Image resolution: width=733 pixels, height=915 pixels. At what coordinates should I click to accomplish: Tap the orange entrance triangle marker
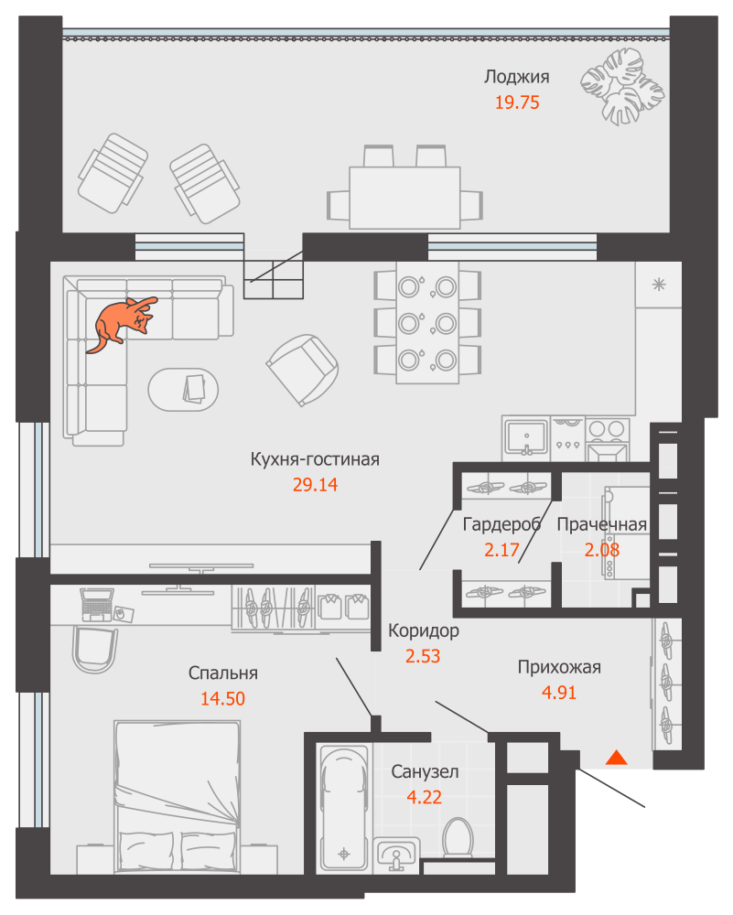(616, 758)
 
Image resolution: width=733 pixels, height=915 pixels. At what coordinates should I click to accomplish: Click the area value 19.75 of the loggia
(517, 102)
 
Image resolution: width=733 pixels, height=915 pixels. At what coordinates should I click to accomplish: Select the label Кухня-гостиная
(315, 459)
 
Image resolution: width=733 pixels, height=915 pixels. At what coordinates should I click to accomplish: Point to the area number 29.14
(315, 484)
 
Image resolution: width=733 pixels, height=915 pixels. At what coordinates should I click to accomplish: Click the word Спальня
(223, 673)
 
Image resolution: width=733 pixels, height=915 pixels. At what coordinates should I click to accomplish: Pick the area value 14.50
(223, 698)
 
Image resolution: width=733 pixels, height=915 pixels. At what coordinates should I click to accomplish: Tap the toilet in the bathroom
(458, 838)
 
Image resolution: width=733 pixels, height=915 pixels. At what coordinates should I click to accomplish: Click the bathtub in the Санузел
(344, 809)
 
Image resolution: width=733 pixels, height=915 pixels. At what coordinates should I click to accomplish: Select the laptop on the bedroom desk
(97, 605)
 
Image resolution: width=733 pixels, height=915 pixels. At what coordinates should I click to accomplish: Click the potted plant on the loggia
(622, 86)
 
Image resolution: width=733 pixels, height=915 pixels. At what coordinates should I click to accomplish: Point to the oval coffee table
(183, 389)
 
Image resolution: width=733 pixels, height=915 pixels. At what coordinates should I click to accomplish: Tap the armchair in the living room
(303, 370)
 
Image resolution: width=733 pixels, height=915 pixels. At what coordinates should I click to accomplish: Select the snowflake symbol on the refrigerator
(659, 285)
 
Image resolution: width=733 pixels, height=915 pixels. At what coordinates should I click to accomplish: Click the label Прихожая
(559, 667)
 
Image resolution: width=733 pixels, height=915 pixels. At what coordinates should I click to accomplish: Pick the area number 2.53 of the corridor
(423, 656)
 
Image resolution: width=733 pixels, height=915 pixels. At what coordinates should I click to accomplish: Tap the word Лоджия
(516, 77)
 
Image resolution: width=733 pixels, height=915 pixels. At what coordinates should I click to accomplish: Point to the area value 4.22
(425, 797)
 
